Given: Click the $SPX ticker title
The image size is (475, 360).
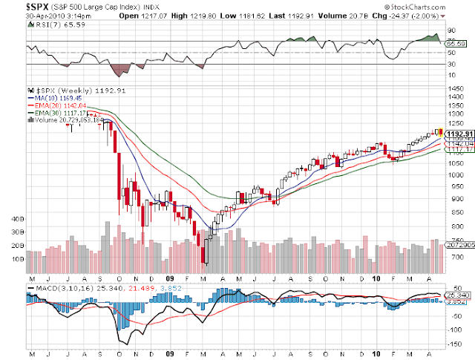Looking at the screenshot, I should tap(38, 7).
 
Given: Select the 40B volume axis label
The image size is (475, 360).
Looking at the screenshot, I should tap(18, 220).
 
